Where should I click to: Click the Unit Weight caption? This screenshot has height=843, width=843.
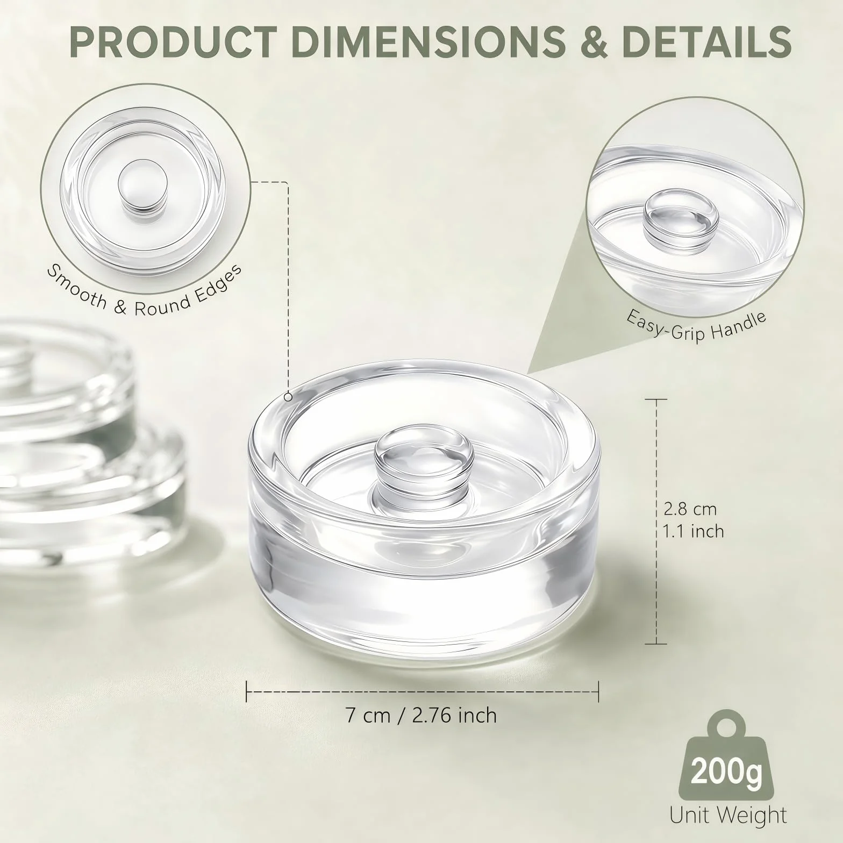point(728,815)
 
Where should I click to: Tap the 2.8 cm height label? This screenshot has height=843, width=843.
point(690,508)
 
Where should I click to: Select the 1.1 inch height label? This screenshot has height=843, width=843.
point(694,531)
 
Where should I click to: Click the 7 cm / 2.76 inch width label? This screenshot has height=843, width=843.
point(421,715)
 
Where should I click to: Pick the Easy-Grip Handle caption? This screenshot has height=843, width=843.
point(696,326)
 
